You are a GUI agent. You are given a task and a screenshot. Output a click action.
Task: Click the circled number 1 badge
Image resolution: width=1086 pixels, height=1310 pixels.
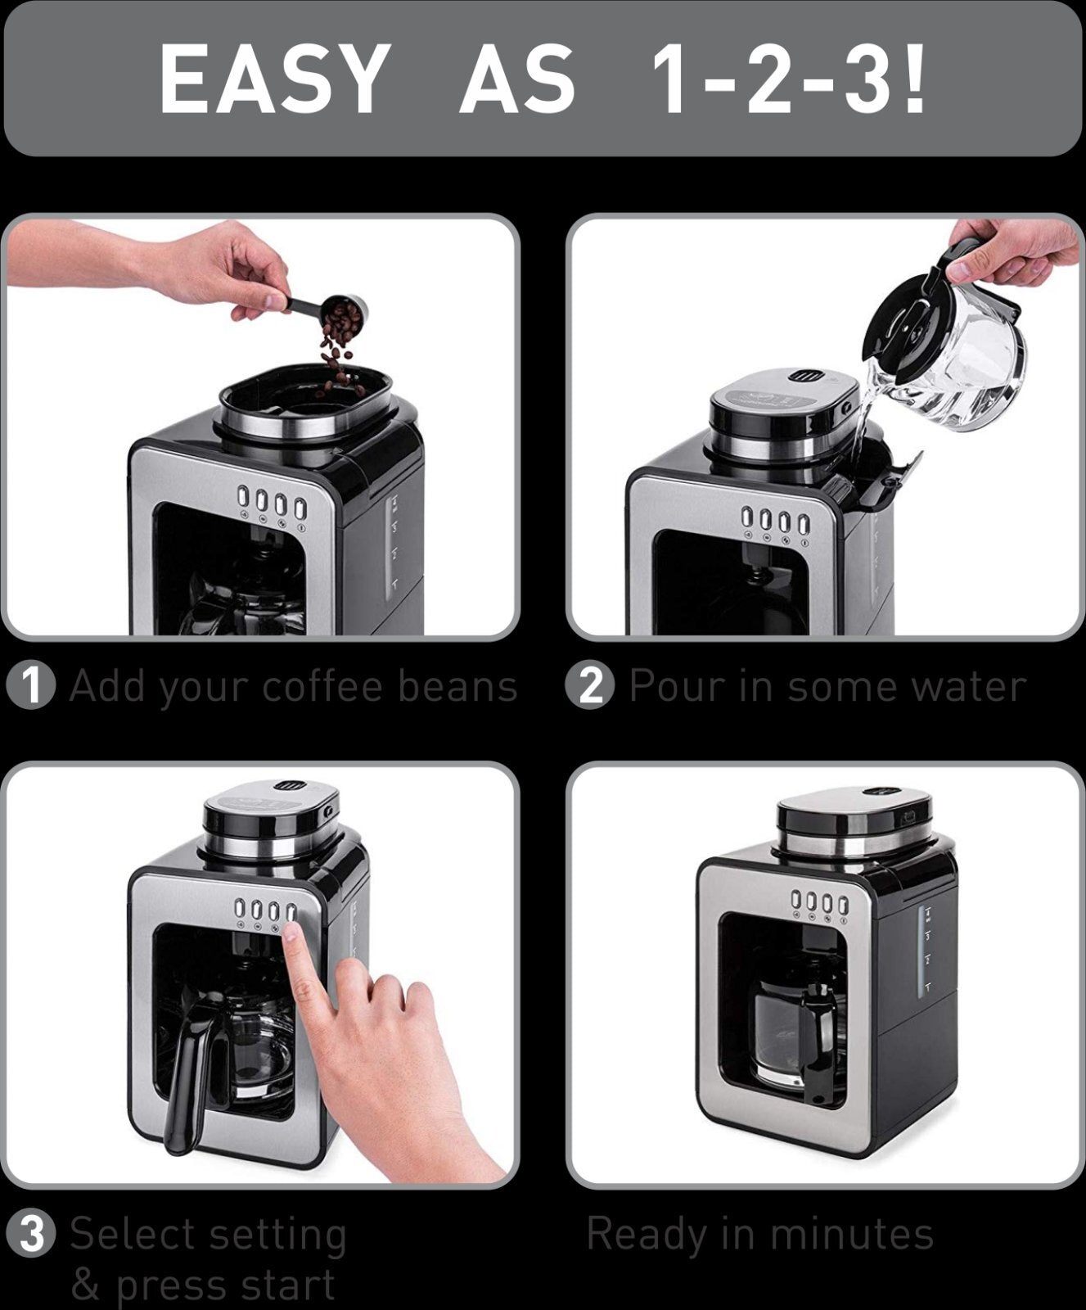tap(31, 686)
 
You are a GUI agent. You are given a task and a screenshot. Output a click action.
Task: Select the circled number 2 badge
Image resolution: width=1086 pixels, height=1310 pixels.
tap(590, 686)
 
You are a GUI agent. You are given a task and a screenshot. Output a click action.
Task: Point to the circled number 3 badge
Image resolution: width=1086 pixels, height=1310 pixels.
tap(31, 1234)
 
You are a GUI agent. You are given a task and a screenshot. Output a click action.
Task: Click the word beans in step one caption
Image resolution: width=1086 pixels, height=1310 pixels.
tap(457, 686)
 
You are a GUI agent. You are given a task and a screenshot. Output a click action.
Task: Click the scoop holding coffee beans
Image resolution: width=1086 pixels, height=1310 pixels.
tap(344, 312)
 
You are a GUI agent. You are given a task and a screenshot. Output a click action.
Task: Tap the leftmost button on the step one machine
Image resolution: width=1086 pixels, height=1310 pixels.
tap(243, 497)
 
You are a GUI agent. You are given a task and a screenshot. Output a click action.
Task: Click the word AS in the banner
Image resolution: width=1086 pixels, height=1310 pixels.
tap(517, 79)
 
